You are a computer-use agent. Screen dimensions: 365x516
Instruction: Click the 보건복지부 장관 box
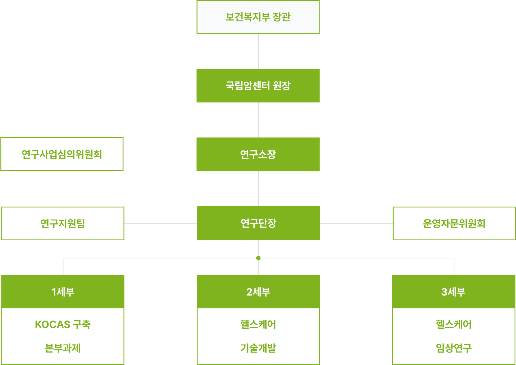[x=258, y=17]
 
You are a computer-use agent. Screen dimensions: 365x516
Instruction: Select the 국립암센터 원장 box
[x=258, y=86]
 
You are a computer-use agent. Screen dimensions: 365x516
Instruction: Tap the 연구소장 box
[x=258, y=154]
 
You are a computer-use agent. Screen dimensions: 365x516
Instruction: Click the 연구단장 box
[x=258, y=223]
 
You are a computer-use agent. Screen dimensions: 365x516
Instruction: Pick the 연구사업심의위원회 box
[x=62, y=154]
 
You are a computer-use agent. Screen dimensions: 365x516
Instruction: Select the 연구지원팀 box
[x=63, y=223]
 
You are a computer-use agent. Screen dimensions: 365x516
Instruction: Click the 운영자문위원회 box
[x=454, y=223]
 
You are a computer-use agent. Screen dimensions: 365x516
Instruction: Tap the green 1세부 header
[x=63, y=292]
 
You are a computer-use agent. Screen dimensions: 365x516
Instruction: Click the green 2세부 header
[x=258, y=292]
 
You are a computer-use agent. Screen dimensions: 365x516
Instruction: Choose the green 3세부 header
[x=454, y=292]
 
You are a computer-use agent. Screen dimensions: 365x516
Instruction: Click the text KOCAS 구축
[x=63, y=324]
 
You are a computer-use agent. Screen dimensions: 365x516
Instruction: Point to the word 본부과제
[x=63, y=348]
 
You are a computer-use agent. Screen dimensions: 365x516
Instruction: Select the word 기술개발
[x=258, y=348]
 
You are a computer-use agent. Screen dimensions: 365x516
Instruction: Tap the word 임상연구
[x=454, y=348]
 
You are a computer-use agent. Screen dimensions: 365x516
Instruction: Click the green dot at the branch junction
[x=258, y=258]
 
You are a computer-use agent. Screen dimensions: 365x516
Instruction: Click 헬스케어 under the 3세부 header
[x=454, y=324]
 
